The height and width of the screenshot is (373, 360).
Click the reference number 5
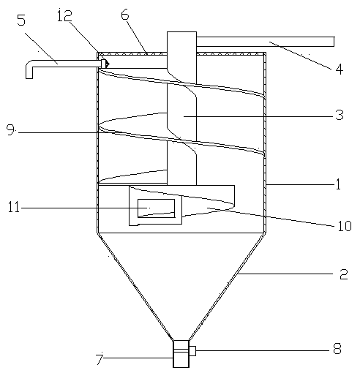(21, 20)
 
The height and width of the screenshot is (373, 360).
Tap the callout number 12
(64, 15)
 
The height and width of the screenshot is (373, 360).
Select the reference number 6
(125, 15)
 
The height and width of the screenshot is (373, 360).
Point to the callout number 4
(340, 69)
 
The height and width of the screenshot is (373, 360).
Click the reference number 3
(340, 115)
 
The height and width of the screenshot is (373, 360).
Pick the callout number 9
(10, 129)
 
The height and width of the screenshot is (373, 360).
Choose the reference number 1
(338, 184)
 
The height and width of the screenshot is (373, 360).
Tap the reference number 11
(14, 207)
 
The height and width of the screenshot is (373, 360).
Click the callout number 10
(345, 226)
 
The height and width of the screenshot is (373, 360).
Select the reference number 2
(344, 274)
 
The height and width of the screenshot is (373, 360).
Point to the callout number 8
(337, 349)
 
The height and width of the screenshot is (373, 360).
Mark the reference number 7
(100, 359)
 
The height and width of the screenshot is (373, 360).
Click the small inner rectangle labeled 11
(156, 208)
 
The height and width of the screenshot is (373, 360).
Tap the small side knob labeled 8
(192, 351)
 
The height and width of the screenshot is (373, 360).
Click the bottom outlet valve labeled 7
(181, 354)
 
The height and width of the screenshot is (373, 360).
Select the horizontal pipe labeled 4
(265, 42)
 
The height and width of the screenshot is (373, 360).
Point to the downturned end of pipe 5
(29, 71)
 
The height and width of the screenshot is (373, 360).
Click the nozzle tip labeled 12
(105, 64)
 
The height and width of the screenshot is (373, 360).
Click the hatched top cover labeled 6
(181, 53)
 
